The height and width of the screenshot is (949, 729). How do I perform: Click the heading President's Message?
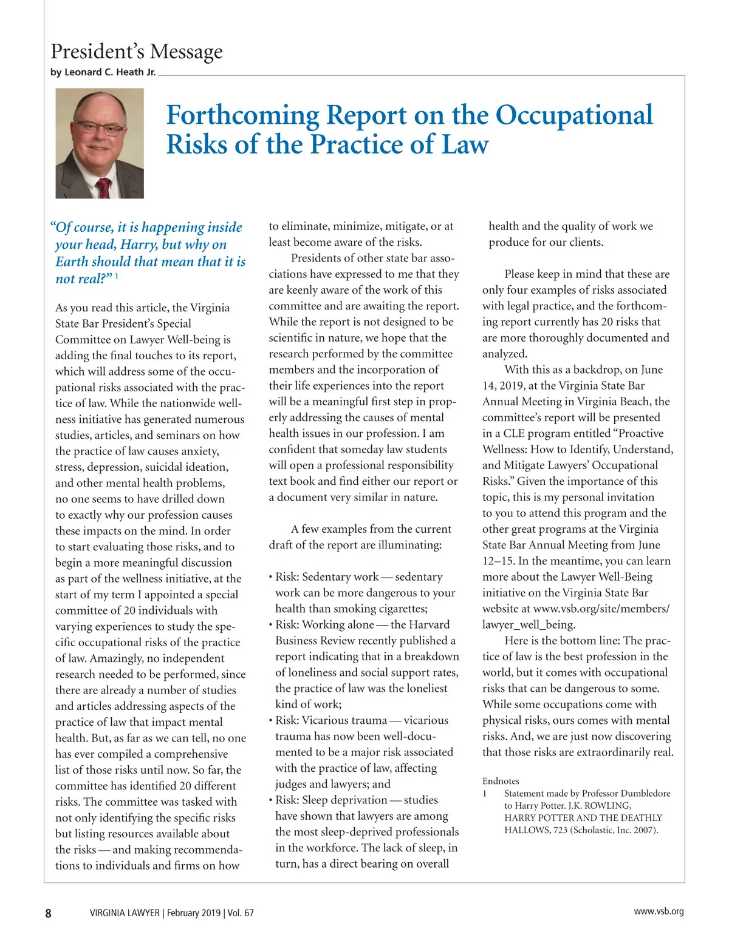[137, 52]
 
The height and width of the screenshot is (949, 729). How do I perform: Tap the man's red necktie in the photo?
[103, 187]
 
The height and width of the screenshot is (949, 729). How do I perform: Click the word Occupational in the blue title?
[574, 115]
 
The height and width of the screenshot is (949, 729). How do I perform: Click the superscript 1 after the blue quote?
[117, 277]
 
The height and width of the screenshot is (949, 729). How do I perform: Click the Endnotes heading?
[501, 781]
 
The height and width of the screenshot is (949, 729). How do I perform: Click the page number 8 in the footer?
[49, 913]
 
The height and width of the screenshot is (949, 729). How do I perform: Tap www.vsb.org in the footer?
[659, 911]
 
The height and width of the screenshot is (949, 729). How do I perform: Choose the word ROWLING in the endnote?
[607, 806]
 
